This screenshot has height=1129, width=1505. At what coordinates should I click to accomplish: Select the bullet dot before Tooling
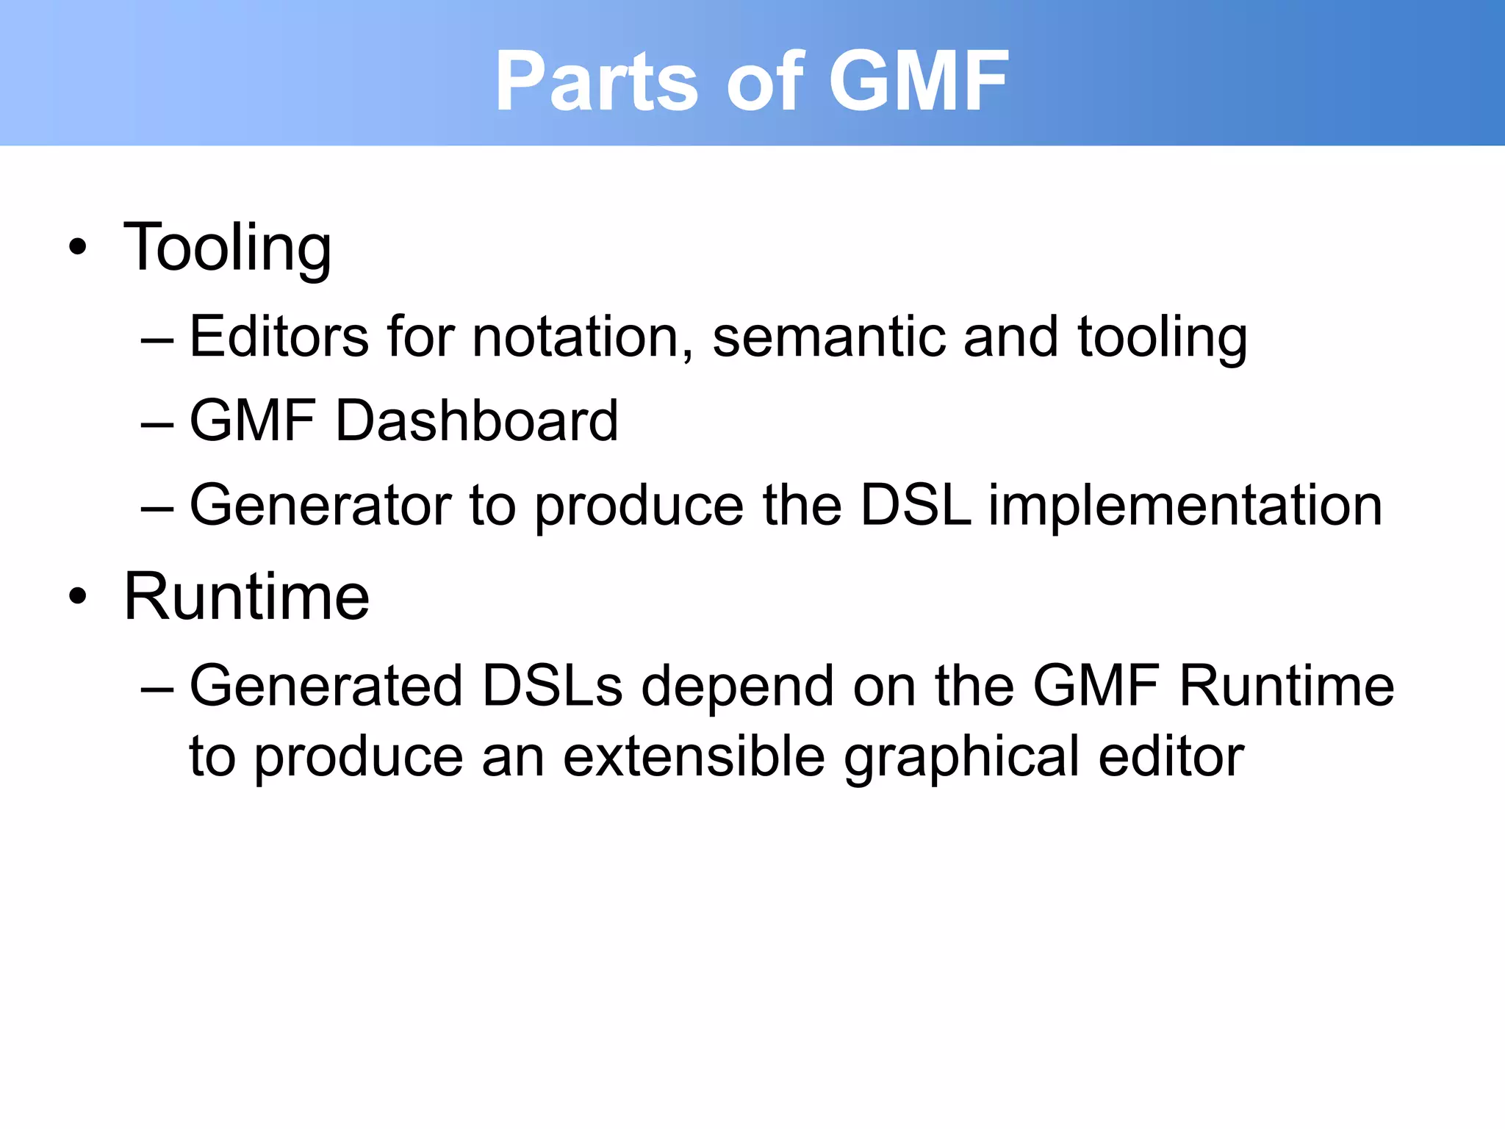(x=78, y=248)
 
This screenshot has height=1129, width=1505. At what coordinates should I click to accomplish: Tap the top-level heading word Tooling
(x=227, y=248)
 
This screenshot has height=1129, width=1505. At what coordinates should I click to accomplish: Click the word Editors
(x=279, y=337)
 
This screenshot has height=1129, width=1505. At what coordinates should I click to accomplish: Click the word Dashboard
(x=476, y=420)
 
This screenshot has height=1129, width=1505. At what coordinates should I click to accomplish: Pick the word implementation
(x=1185, y=505)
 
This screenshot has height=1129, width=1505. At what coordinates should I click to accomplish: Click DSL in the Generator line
(x=915, y=505)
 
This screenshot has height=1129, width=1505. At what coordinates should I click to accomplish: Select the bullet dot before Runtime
(x=78, y=597)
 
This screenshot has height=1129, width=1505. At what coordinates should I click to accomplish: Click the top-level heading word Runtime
(x=246, y=597)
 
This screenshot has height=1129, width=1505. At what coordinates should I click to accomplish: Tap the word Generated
(x=326, y=686)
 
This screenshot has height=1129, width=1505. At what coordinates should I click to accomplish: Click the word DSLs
(x=552, y=686)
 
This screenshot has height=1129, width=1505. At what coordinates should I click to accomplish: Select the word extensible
(x=694, y=756)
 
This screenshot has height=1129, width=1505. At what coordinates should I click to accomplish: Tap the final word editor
(x=1171, y=756)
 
